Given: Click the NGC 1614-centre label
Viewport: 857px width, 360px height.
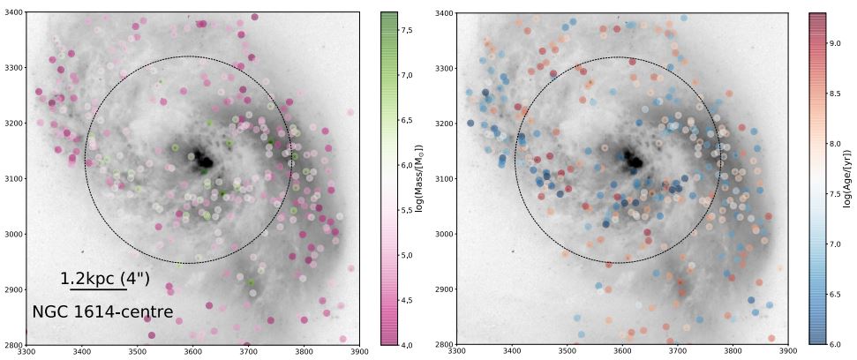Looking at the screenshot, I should point(101,311).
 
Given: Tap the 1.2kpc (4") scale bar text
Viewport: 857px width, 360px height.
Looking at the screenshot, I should point(105,279).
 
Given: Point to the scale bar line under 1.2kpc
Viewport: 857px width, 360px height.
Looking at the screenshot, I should point(98,289).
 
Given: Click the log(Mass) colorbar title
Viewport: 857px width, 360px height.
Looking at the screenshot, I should point(419,177).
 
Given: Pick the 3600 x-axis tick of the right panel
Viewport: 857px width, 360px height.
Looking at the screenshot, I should point(622,353).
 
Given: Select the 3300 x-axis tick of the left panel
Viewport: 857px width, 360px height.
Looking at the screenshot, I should point(27,353).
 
